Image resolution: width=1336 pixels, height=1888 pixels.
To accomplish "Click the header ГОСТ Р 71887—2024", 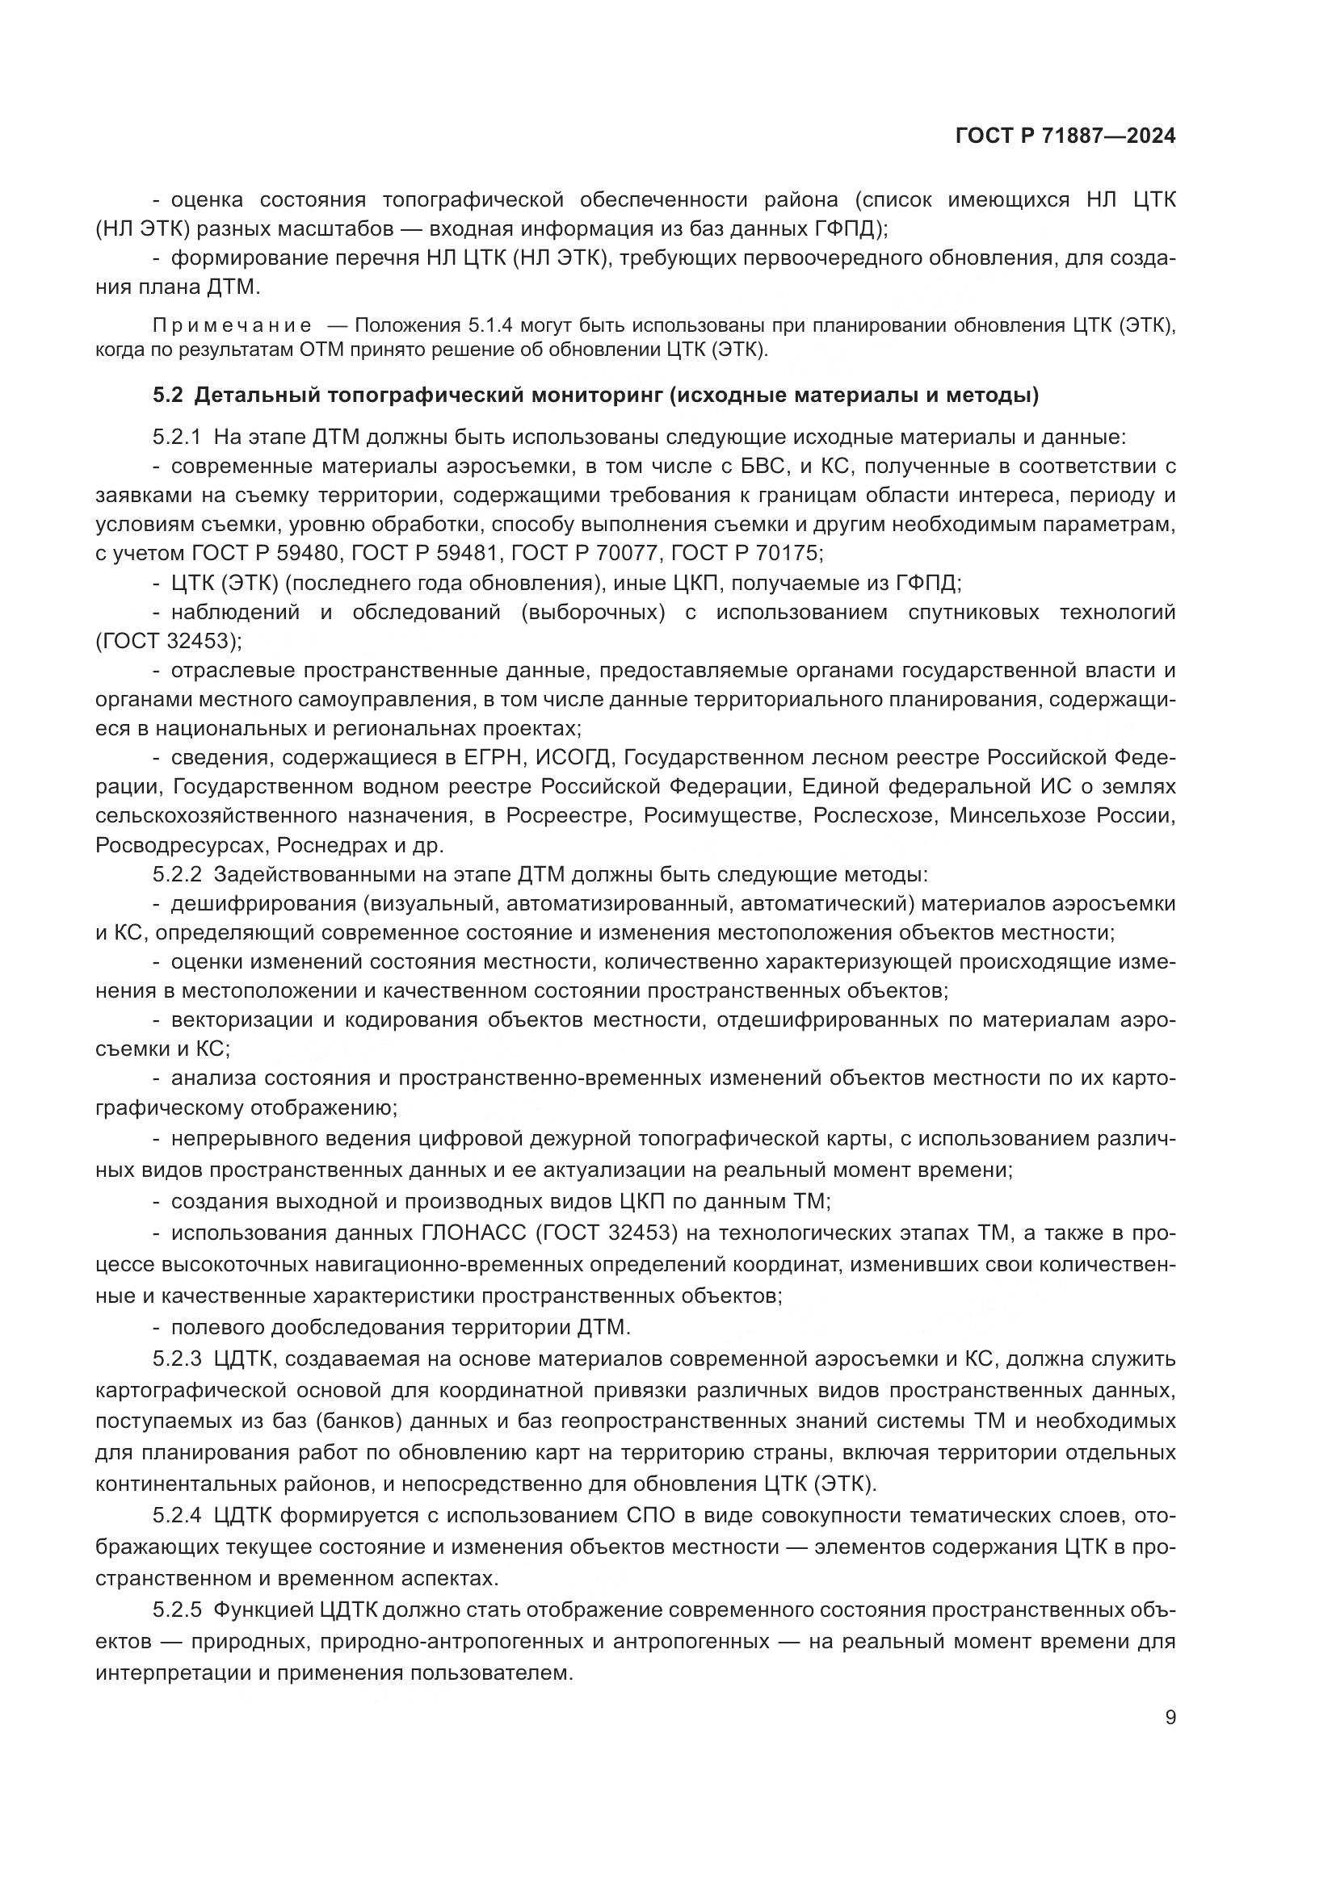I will point(1065,136).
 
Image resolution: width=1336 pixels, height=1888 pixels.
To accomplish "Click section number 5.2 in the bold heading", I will point(168,396).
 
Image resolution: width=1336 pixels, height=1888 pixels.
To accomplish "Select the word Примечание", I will point(232,325).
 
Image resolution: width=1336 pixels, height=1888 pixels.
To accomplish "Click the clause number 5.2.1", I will point(177,437).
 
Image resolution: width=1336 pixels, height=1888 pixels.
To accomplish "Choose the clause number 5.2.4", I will point(177,1516).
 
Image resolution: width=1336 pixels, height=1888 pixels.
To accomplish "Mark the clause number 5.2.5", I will point(177,1610).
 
